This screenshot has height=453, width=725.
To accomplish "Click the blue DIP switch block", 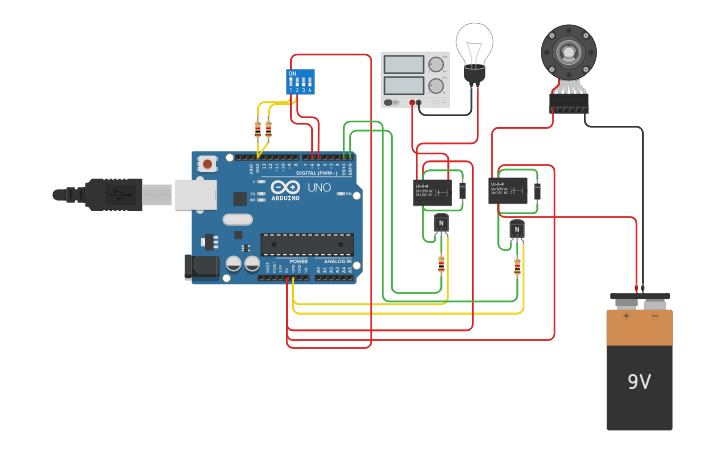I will pos(300,81).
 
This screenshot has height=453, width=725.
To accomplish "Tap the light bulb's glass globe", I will pos(474,42).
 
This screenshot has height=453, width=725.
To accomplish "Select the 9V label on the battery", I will pos(639,382).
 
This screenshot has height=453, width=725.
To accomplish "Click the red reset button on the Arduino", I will pos(207,164).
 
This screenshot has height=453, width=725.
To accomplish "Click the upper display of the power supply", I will pos(404,64).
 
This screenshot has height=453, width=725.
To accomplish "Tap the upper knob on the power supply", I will pos(436,65).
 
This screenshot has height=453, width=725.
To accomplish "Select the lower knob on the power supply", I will pos(436,87).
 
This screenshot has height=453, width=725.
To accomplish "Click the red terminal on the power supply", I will pos(412,102).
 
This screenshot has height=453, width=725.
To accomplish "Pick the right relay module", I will pos(509,190).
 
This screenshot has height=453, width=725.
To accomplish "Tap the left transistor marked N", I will pos(441,223).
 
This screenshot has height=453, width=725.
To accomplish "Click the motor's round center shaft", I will pos(568,50).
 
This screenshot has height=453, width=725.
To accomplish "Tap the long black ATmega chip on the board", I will pos(306,244).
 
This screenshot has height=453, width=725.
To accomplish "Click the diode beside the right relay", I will pos(537,190).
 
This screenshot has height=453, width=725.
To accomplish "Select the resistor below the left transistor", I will pos(442,264).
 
